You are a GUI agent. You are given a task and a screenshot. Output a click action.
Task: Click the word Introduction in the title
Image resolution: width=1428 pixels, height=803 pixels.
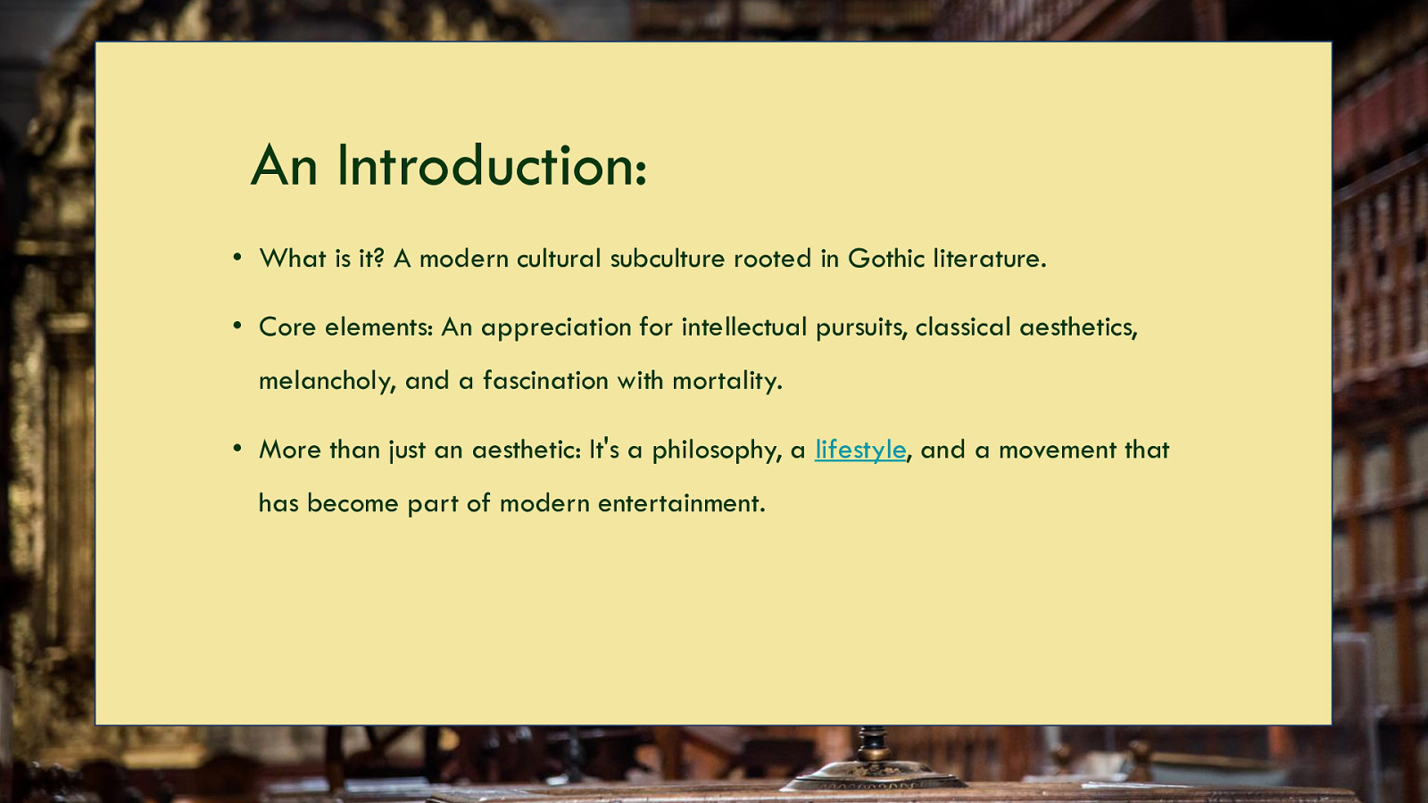pyautogui.click(x=492, y=166)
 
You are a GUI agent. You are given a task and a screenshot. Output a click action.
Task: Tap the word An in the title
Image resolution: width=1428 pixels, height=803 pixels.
pyautogui.click(x=285, y=166)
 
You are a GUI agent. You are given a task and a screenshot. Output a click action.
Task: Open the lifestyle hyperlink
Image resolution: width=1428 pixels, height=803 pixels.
pyautogui.click(x=860, y=451)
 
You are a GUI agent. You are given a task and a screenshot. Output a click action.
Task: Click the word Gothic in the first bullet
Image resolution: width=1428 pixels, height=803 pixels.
pyautogui.click(x=886, y=258)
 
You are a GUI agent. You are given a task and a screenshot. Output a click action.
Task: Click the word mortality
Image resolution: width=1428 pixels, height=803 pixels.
pyautogui.click(x=727, y=380)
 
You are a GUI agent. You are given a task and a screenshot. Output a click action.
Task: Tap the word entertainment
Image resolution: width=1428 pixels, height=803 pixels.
pyautogui.click(x=682, y=503)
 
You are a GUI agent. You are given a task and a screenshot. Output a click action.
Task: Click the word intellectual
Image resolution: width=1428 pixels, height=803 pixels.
pyautogui.click(x=744, y=327)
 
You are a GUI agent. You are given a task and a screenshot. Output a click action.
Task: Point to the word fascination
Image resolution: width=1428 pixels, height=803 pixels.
pyautogui.click(x=545, y=380)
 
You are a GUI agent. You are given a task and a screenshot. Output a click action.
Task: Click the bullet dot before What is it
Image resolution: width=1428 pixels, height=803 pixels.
pyautogui.click(x=237, y=258)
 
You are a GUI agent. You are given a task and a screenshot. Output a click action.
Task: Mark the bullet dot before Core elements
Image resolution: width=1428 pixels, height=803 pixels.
pyautogui.click(x=237, y=327)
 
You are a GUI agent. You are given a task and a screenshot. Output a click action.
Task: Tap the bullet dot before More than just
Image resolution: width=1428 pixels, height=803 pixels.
pyautogui.click(x=237, y=449)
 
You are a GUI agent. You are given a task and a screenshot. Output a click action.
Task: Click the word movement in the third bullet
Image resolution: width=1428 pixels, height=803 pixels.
pyautogui.click(x=1058, y=450)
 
